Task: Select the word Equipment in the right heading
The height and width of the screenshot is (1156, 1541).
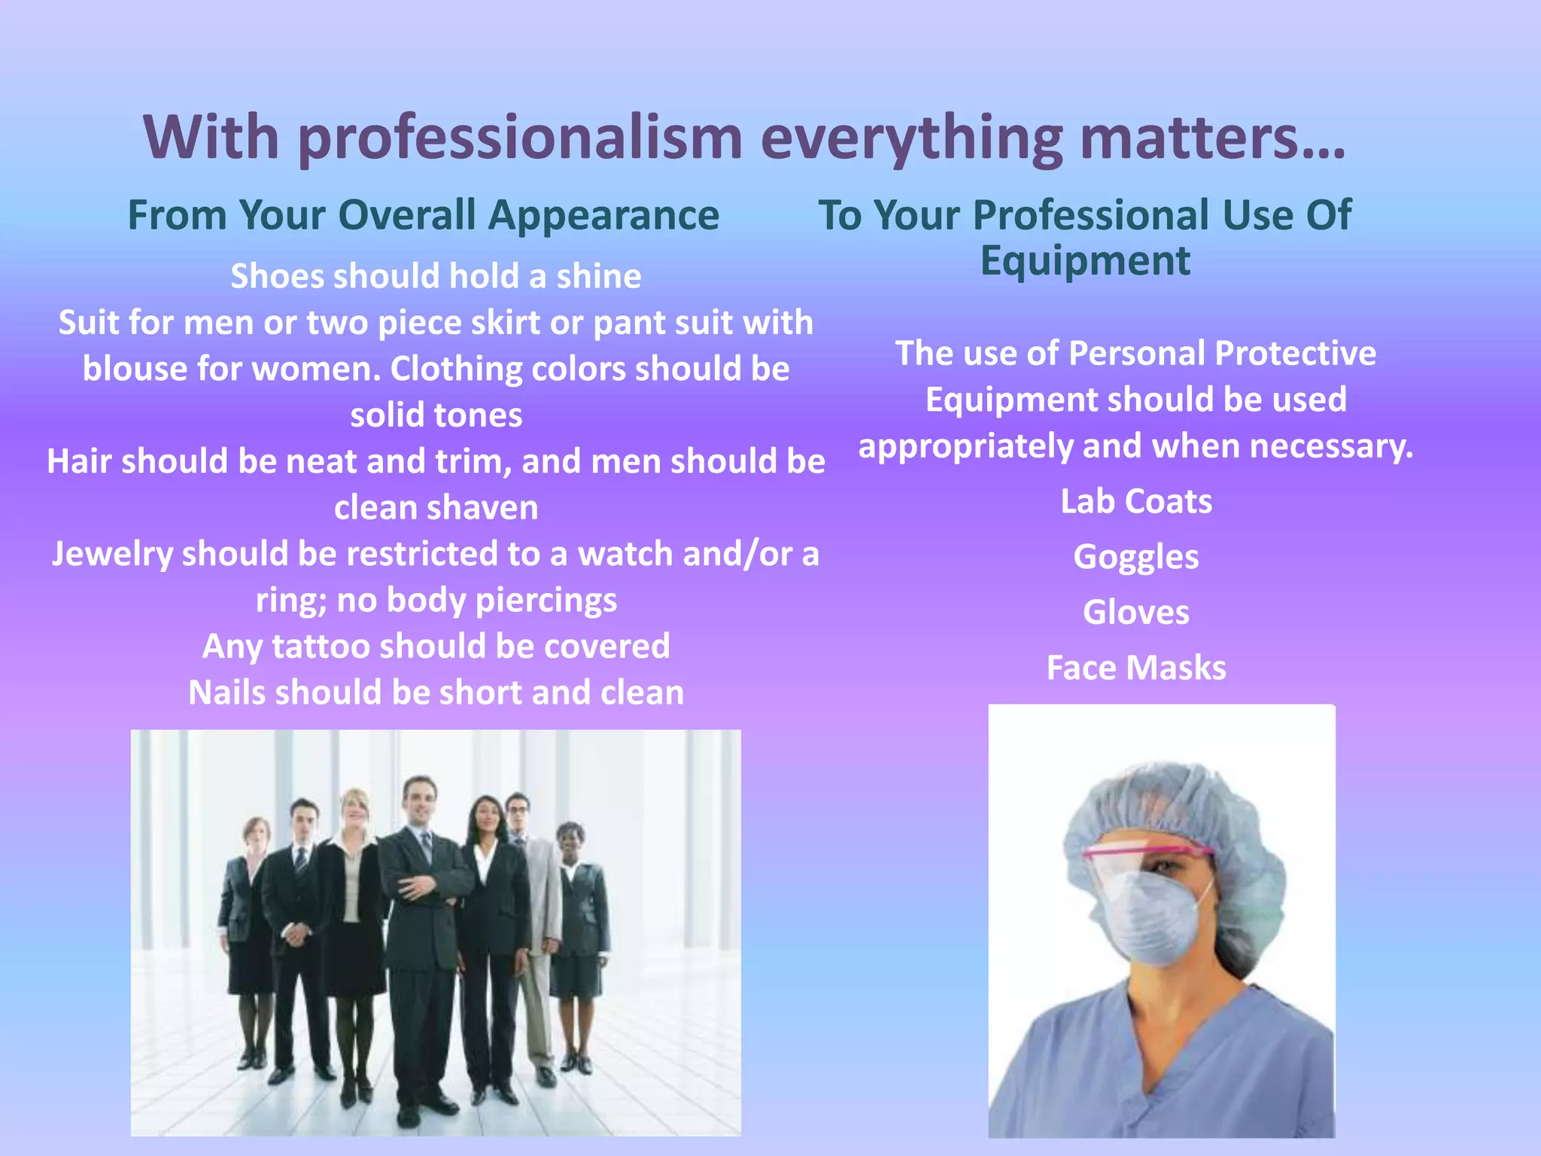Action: pyautogui.click(x=1085, y=261)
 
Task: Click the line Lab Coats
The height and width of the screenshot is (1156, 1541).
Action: pyautogui.click(x=1136, y=502)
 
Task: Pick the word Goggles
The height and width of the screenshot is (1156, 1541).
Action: pyautogui.click(x=1136, y=558)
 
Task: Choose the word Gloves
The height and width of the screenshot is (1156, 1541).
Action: pyautogui.click(x=1136, y=613)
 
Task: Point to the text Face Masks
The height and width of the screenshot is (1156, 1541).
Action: pyautogui.click(x=1136, y=668)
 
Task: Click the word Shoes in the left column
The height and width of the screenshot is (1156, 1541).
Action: pyautogui.click(x=278, y=276)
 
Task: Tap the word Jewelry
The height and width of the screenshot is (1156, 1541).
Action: pyautogui.click(x=111, y=555)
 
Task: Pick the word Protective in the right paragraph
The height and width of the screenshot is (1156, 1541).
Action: pyautogui.click(x=1295, y=353)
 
